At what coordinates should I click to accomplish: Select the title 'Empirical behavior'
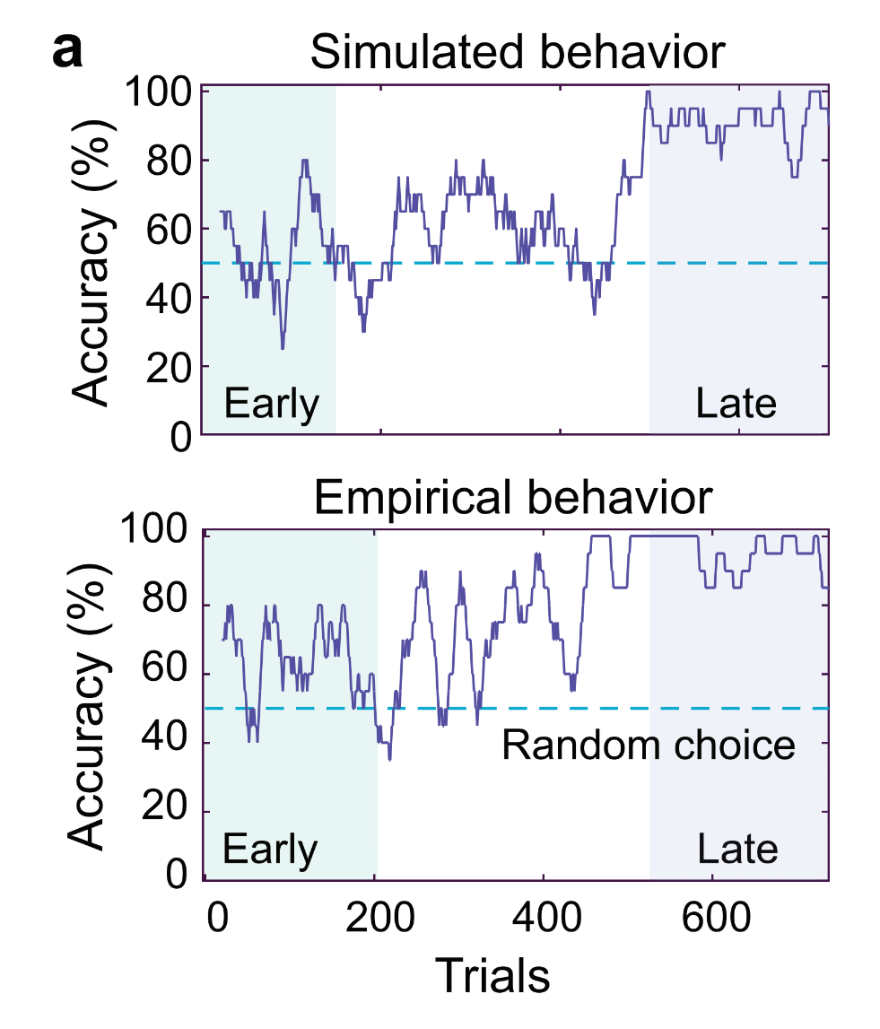click(x=514, y=498)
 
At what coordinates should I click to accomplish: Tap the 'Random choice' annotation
click(x=648, y=745)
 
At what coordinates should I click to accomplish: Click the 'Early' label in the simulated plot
click(x=271, y=405)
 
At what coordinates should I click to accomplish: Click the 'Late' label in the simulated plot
click(x=736, y=405)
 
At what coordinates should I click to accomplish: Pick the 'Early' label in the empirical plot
click(x=270, y=848)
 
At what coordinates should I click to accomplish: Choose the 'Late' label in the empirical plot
click(x=737, y=848)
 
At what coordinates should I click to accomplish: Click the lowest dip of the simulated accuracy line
click(x=283, y=348)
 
